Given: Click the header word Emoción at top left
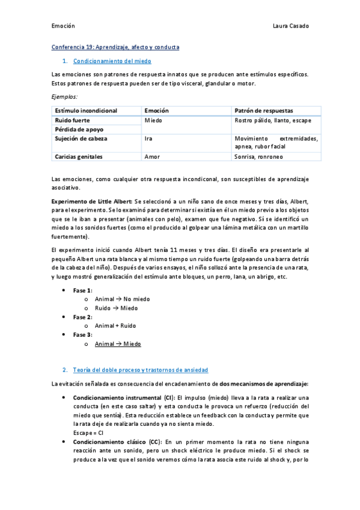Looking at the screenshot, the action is pos(63,26).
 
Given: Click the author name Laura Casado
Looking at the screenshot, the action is pos(290,26).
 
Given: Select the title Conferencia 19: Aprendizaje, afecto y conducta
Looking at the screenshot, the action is pos(115,47).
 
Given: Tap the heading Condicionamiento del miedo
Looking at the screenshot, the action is pos(112,61).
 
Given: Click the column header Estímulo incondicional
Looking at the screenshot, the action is pos(86,111).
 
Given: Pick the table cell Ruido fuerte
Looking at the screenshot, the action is pos(73,120).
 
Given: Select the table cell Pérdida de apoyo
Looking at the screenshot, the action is pos(79,129).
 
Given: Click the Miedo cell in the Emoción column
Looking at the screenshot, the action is pos(154,120).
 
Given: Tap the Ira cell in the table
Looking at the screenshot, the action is pos(148,138).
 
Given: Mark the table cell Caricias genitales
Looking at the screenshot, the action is pos(79,156).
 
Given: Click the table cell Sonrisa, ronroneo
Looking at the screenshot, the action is pos(258,156).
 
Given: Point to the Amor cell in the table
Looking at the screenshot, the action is pos(152,156).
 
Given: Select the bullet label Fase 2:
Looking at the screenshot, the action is pos(83,316).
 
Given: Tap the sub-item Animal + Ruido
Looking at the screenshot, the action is pos(115,325).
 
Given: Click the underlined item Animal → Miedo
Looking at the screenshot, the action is pos(118,344).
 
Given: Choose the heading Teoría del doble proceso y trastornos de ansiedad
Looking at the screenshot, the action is pos(140,369).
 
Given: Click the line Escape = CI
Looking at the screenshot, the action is pos(88,432).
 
